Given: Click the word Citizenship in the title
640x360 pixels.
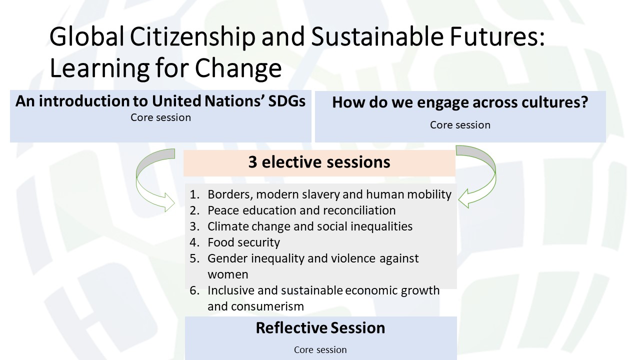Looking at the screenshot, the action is pos(192,37).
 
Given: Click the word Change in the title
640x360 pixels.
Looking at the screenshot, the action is pos(238,68).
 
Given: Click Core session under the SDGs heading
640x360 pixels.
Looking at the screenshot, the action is pos(160,117).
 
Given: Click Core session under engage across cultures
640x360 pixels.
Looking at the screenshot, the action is pos(460,125).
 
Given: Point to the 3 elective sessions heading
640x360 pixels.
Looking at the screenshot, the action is pos(319,162).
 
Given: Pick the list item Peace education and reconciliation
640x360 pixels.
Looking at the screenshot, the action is pos(301,210).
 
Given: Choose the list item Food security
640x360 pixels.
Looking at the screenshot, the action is pos(243,242).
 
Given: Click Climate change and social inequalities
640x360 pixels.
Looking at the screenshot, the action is pos(310,226).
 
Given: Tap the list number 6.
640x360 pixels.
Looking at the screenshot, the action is pos(194,290).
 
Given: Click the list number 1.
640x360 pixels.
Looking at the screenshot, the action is pos(194,194).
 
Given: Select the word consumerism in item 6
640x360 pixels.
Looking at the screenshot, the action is pos(267,306).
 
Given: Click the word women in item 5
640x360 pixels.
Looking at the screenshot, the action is pos(227,274).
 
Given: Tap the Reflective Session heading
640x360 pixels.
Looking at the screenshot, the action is pos(320,327).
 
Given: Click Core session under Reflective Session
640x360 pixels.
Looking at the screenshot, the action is pos(320,349).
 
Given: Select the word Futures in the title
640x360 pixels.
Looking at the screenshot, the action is pos(497,37).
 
